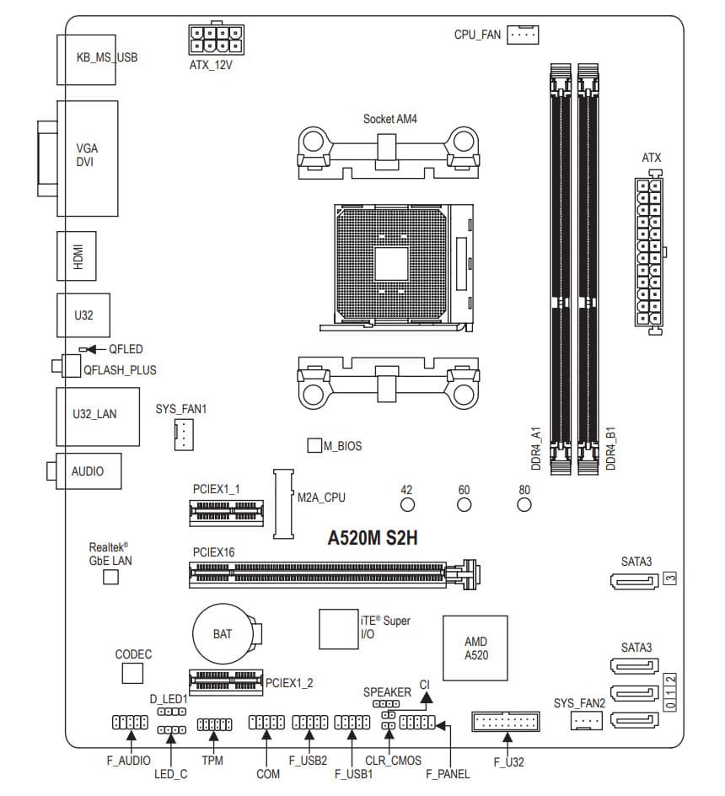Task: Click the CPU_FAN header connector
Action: [524, 35]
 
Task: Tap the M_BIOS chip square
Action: [314, 445]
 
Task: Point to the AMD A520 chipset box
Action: [475, 648]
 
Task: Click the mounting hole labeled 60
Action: [464, 505]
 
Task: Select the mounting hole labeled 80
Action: [524, 505]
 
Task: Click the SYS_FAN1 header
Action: [180, 435]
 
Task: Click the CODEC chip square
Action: [133, 673]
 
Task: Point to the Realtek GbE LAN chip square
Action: [110, 577]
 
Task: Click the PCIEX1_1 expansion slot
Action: [225, 510]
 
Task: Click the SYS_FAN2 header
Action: [588, 720]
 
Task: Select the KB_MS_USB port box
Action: [94, 57]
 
